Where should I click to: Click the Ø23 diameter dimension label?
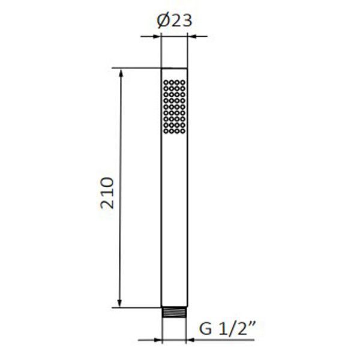(174, 21)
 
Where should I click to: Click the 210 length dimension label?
(107, 193)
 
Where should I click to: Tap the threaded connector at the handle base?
(174, 313)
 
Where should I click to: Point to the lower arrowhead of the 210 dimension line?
(119, 303)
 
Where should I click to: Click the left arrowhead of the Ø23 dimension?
(157, 36)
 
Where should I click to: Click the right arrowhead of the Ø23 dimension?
(192, 36)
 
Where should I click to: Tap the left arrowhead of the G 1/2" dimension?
(158, 340)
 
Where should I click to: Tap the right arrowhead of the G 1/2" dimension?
(191, 340)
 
